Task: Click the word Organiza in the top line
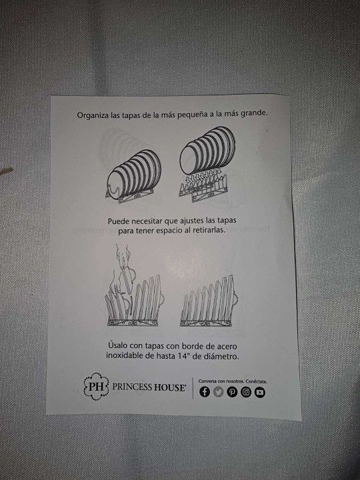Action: click(x=93, y=115)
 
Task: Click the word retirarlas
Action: click(x=209, y=230)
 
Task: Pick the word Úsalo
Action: click(x=117, y=345)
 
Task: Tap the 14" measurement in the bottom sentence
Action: click(x=183, y=356)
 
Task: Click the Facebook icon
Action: click(x=205, y=392)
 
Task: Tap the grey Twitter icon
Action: click(x=218, y=392)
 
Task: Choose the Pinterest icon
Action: click(x=232, y=392)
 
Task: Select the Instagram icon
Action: click(x=246, y=392)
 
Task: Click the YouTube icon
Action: click(x=260, y=392)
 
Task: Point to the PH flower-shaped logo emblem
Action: click(x=96, y=386)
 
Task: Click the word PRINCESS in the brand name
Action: click(x=132, y=387)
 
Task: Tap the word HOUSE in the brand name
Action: click(x=169, y=387)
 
